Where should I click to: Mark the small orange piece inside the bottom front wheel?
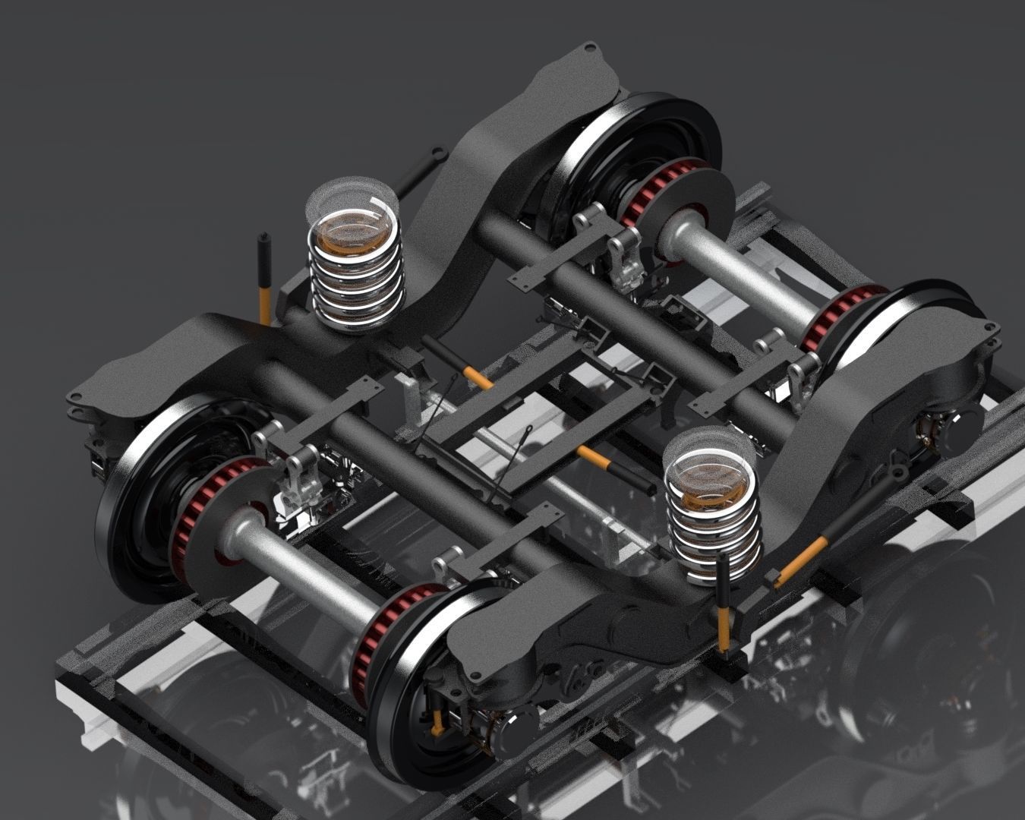click(x=438, y=725)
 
